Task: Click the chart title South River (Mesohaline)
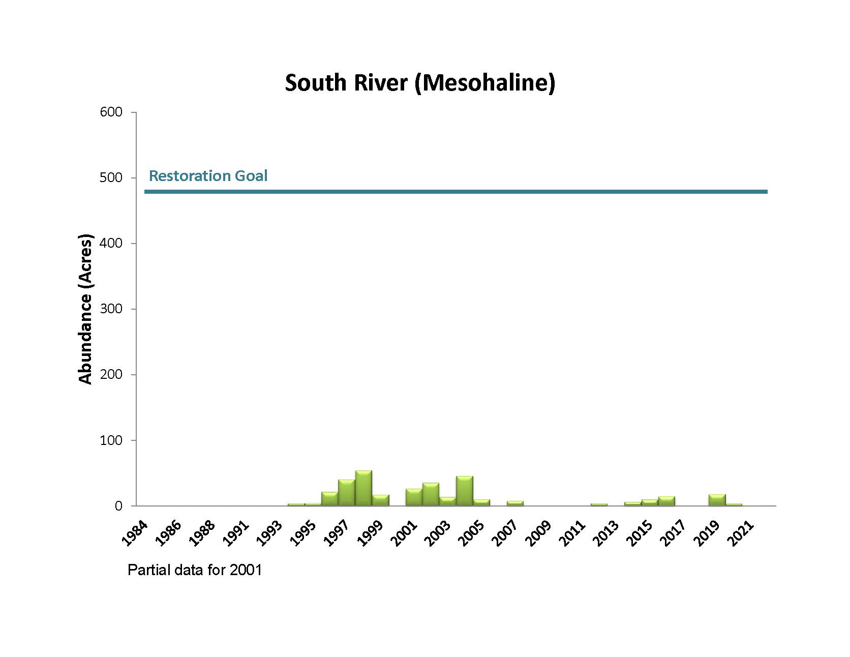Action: click(x=420, y=83)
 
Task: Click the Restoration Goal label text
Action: click(x=208, y=176)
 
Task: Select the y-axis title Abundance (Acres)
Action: click(x=86, y=309)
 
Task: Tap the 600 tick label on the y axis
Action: click(x=111, y=112)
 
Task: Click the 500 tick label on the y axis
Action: click(x=111, y=177)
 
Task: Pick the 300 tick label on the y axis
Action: click(x=111, y=309)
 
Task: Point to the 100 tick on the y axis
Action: click(x=111, y=440)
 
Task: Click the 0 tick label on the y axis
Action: click(x=118, y=506)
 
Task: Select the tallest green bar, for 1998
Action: click(x=363, y=488)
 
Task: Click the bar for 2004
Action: click(x=465, y=491)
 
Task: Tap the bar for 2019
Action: click(x=717, y=500)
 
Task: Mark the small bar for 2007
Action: click(x=515, y=503)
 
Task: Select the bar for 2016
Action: click(x=666, y=501)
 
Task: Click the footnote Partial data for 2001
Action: click(x=195, y=570)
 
